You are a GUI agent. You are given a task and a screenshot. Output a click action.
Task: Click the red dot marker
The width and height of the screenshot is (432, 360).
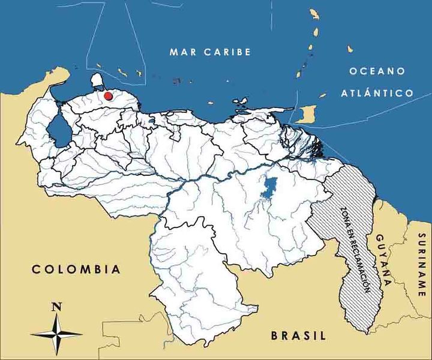(108, 95)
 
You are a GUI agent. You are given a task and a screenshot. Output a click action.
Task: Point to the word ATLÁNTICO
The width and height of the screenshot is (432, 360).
(377, 93)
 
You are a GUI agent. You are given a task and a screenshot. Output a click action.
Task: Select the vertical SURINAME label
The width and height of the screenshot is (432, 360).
(421, 265)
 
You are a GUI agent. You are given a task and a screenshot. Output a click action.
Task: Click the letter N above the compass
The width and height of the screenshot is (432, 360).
(56, 307)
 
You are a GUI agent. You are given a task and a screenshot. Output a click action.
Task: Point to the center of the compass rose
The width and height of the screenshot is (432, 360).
(56, 334)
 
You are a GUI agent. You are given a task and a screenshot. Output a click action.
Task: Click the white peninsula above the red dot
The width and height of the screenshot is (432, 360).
(98, 80)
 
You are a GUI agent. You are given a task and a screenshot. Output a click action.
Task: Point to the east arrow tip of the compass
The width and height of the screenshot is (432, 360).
(82, 334)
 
